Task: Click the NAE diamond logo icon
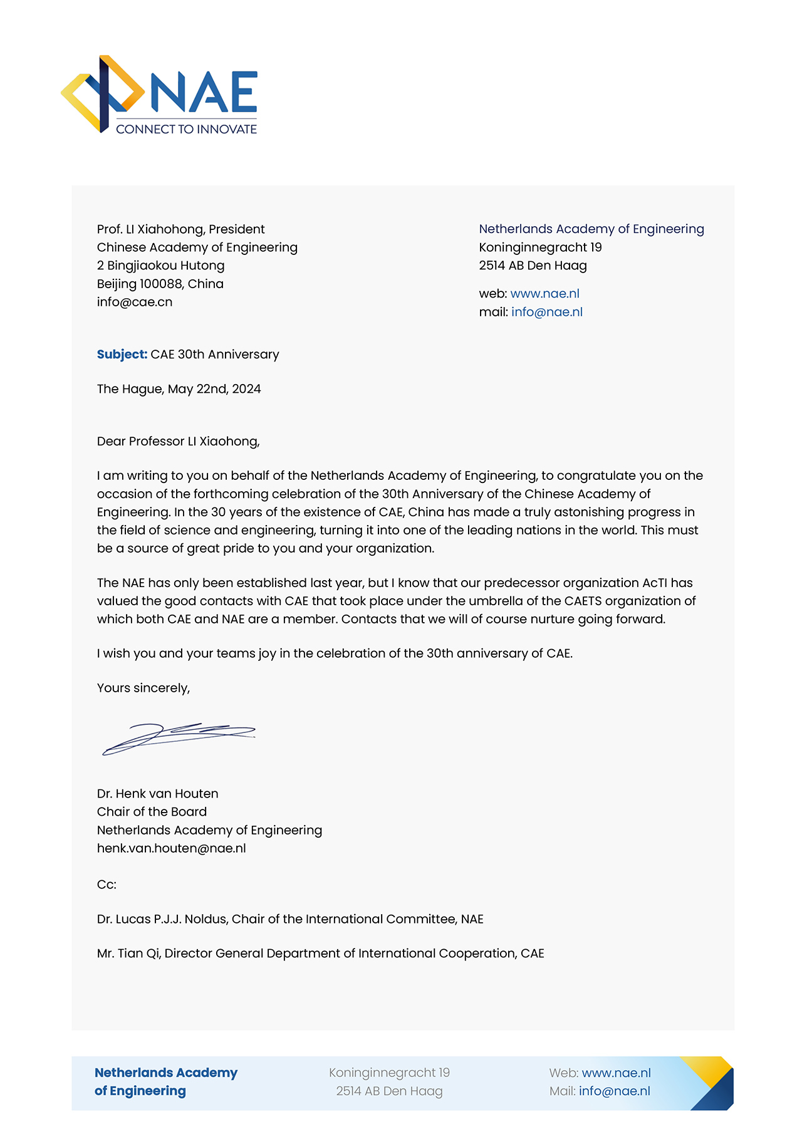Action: click(103, 94)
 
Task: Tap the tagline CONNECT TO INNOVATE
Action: click(186, 129)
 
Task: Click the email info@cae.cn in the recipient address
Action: click(135, 302)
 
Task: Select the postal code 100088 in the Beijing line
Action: click(160, 284)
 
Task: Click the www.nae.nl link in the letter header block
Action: click(544, 293)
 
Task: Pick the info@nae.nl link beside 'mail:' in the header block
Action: click(546, 312)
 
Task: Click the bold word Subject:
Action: click(122, 355)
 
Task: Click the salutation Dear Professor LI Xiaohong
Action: click(178, 442)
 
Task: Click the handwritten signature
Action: click(179, 737)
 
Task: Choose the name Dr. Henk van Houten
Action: click(157, 794)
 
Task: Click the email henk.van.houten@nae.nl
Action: click(171, 848)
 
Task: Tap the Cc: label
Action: click(107, 885)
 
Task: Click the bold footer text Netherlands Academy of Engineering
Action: click(165, 1082)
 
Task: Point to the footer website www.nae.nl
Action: click(616, 1073)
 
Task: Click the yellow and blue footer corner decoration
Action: click(711, 1083)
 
